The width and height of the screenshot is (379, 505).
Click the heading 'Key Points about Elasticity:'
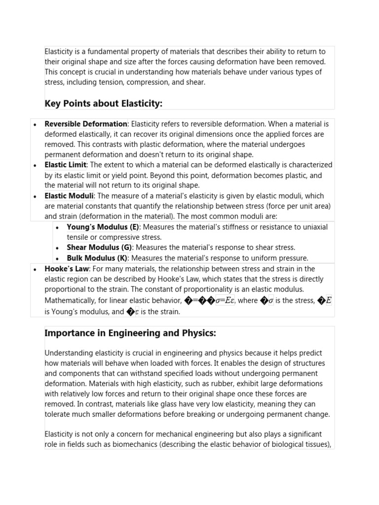click(x=103, y=103)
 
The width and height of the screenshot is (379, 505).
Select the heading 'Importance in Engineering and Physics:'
click(x=130, y=333)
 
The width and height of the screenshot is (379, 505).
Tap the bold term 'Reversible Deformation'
click(x=86, y=124)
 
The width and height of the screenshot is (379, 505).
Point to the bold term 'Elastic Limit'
click(x=66, y=165)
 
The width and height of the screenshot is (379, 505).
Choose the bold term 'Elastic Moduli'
click(x=70, y=196)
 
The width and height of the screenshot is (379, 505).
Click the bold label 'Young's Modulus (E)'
click(x=103, y=227)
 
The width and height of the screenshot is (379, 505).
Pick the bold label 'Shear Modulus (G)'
click(x=100, y=248)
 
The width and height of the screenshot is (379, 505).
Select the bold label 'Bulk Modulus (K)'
click(x=97, y=258)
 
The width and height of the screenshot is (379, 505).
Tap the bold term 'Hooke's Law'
click(x=67, y=269)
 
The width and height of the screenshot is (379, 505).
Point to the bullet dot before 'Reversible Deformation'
click(x=35, y=124)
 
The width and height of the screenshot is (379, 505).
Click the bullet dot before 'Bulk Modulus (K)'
click(x=57, y=258)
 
